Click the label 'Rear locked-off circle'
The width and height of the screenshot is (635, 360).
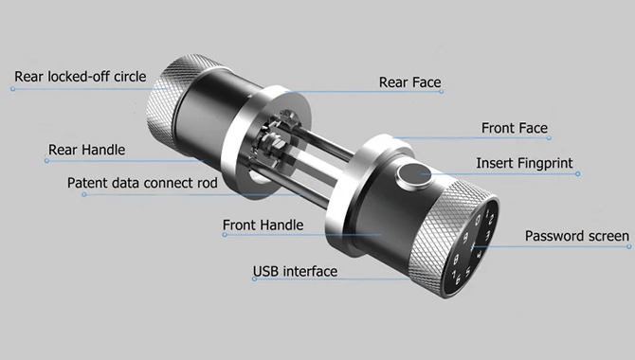tap(80, 77)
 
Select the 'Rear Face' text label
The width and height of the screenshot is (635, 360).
tap(409, 82)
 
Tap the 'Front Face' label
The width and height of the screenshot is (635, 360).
tap(515, 128)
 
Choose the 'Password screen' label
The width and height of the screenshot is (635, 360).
tap(576, 236)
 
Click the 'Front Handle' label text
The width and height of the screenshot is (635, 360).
tap(263, 225)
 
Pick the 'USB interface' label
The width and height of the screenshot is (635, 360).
tap(295, 272)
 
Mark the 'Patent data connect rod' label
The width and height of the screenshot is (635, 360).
tap(142, 183)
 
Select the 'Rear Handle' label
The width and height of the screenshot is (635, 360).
tap(86, 150)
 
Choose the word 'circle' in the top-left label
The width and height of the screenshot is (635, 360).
tap(127, 77)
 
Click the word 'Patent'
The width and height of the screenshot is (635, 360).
tap(88, 183)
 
